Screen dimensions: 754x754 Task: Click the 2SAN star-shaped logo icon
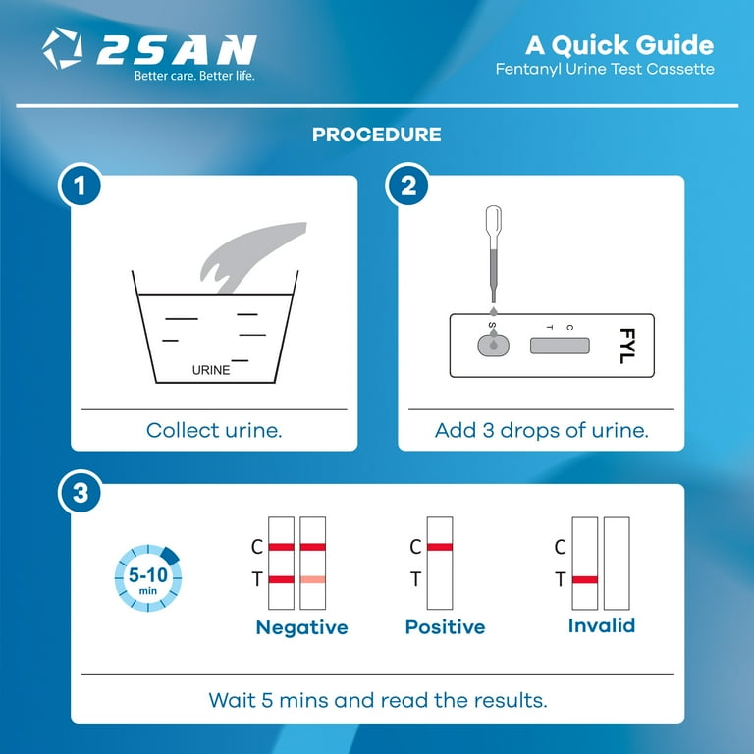click(x=62, y=48)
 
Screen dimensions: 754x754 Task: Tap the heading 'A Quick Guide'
click(x=619, y=46)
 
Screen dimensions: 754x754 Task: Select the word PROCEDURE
click(x=377, y=135)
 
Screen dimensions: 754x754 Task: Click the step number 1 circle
click(x=80, y=186)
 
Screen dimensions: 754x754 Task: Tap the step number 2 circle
click(x=408, y=186)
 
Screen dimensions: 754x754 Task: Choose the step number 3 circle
click(x=80, y=493)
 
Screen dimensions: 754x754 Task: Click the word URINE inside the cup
click(x=211, y=370)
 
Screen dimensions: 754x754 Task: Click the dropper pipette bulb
click(x=494, y=221)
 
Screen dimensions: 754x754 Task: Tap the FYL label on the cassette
click(x=627, y=346)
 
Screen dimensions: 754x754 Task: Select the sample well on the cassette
click(x=493, y=345)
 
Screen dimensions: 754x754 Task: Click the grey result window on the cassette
click(x=560, y=346)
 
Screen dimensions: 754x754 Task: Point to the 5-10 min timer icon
click(x=148, y=578)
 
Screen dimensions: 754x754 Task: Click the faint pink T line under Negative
click(x=312, y=579)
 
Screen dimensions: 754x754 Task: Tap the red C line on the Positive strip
click(x=440, y=547)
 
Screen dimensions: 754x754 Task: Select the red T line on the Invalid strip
click(x=585, y=579)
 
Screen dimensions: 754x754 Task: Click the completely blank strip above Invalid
click(x=617, y=564)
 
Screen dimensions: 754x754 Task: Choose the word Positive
click(x=446, y=627)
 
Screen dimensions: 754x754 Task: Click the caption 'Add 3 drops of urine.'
click(x=542, y=430)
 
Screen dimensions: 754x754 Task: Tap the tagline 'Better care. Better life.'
click(x=194, y=76)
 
